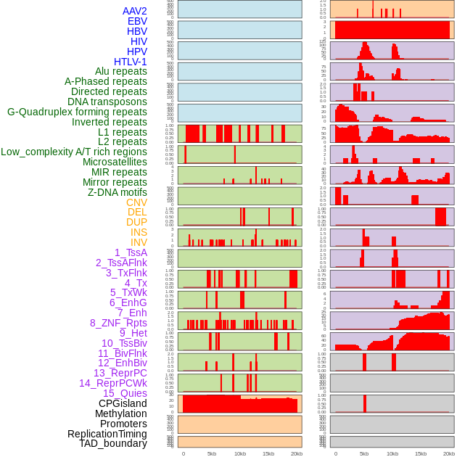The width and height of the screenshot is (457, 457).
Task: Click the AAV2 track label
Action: (134, 11)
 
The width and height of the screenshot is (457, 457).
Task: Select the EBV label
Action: (137, 21)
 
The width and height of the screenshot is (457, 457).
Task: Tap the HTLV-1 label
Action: (131, 62)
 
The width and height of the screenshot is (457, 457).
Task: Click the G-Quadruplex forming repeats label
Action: (77, 112)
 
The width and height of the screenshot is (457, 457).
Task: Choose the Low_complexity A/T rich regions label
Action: (74, 152)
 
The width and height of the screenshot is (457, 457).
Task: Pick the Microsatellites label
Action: (115, 162)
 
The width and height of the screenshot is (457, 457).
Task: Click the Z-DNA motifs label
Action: (118, 192)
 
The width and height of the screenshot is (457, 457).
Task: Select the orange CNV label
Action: (136, 202)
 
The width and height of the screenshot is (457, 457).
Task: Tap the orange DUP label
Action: (136, 222)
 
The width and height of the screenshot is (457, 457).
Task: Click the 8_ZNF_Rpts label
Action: (118, 323)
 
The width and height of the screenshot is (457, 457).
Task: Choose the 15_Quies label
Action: (125, 393)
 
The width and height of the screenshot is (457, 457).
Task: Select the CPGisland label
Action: (123, 403)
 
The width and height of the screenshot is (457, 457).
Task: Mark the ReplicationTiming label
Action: (107, 434)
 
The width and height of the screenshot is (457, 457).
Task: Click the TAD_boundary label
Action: (113, 443)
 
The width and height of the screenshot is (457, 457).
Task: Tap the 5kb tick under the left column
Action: (212, 453)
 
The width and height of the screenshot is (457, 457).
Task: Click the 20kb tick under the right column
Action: (449, 453)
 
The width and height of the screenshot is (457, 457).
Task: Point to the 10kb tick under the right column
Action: (392, 453)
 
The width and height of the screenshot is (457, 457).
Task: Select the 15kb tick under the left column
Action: (268, 453)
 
